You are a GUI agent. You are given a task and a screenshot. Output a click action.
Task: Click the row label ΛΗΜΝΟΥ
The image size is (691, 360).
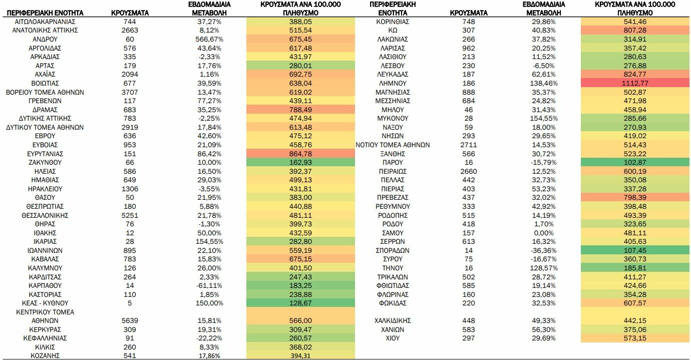point(393,83)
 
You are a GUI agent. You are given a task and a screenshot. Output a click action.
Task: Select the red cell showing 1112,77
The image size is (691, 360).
point(634,83)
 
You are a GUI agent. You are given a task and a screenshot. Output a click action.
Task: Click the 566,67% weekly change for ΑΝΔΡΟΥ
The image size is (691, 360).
point(209,39)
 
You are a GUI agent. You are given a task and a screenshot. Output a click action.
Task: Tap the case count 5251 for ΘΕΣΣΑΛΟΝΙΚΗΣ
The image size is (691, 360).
point(130,215)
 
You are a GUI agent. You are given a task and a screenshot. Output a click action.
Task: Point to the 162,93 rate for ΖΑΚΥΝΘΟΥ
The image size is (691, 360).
point(300,162)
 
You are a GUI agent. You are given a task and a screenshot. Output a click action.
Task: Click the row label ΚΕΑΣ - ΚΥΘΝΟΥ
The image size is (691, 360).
point(45,303)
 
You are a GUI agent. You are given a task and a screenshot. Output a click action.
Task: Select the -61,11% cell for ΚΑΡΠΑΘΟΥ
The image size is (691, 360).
point(209,286)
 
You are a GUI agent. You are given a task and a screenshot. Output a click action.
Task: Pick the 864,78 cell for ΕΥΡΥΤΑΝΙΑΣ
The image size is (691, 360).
point(300,154)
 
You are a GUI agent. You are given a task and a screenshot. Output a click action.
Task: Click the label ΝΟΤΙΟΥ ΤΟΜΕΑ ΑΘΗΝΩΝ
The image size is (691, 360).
point(393,145)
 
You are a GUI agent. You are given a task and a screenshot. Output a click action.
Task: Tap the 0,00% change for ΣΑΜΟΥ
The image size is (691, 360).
point(544,233)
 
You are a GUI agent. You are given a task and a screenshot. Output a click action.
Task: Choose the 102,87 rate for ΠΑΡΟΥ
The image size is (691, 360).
point(634,162)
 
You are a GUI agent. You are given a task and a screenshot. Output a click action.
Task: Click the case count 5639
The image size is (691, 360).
point(130,321)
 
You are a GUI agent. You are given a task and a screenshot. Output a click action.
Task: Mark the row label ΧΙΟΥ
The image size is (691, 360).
point(393,338)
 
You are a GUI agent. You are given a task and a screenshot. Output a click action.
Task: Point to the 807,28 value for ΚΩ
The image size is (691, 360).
point(634,30)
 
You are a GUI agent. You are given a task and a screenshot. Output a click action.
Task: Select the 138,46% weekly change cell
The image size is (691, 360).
point(544,83)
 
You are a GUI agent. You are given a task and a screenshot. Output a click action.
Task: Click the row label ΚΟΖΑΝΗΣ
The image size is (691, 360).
point(45,355)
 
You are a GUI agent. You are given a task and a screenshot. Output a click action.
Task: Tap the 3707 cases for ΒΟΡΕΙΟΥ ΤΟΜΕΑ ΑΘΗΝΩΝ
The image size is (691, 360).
point(130,92)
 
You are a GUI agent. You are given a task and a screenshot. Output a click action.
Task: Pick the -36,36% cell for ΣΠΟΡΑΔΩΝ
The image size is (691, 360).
point(544,250)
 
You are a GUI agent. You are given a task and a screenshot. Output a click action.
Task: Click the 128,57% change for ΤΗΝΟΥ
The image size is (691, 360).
point(544,268)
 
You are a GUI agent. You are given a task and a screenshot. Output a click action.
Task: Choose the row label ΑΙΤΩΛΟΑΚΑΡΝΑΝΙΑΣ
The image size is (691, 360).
point(45,22)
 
